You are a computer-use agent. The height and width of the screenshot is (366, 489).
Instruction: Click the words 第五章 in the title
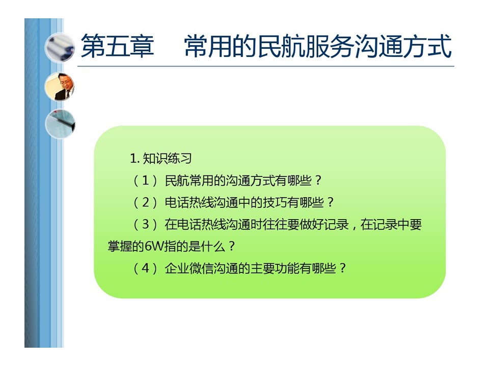(x=117, y=46)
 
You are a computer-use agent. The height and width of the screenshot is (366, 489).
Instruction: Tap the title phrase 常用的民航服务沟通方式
(x=318, y=46)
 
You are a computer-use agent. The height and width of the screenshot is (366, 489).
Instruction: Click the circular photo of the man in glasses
(x=60, y=87)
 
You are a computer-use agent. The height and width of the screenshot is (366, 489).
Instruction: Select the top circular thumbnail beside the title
(x=60, y=48)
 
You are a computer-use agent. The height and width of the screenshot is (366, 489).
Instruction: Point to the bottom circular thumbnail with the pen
(x=60, y=124)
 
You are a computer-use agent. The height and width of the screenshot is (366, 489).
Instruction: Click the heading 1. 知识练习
(x=160, y=159)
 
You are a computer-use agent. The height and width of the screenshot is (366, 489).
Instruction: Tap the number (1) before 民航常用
(x=145, y=180)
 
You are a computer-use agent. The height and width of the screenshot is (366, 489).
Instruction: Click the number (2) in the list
(x=145, y=203)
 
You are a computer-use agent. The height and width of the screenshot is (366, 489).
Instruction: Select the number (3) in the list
(x=145, y=224)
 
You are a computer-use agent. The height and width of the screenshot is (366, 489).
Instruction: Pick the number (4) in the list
(x=145, y=268)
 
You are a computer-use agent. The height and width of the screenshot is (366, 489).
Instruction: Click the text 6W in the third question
(x=154, y=247)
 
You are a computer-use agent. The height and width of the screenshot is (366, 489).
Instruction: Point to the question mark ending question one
(x=318, y=180)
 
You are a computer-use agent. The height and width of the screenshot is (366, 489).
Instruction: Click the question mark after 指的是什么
(x=231, y=247)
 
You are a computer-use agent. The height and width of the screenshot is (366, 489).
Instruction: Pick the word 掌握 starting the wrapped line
(x=120, y=247)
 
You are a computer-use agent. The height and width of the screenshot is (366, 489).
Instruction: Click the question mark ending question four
(x=342, y=268)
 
